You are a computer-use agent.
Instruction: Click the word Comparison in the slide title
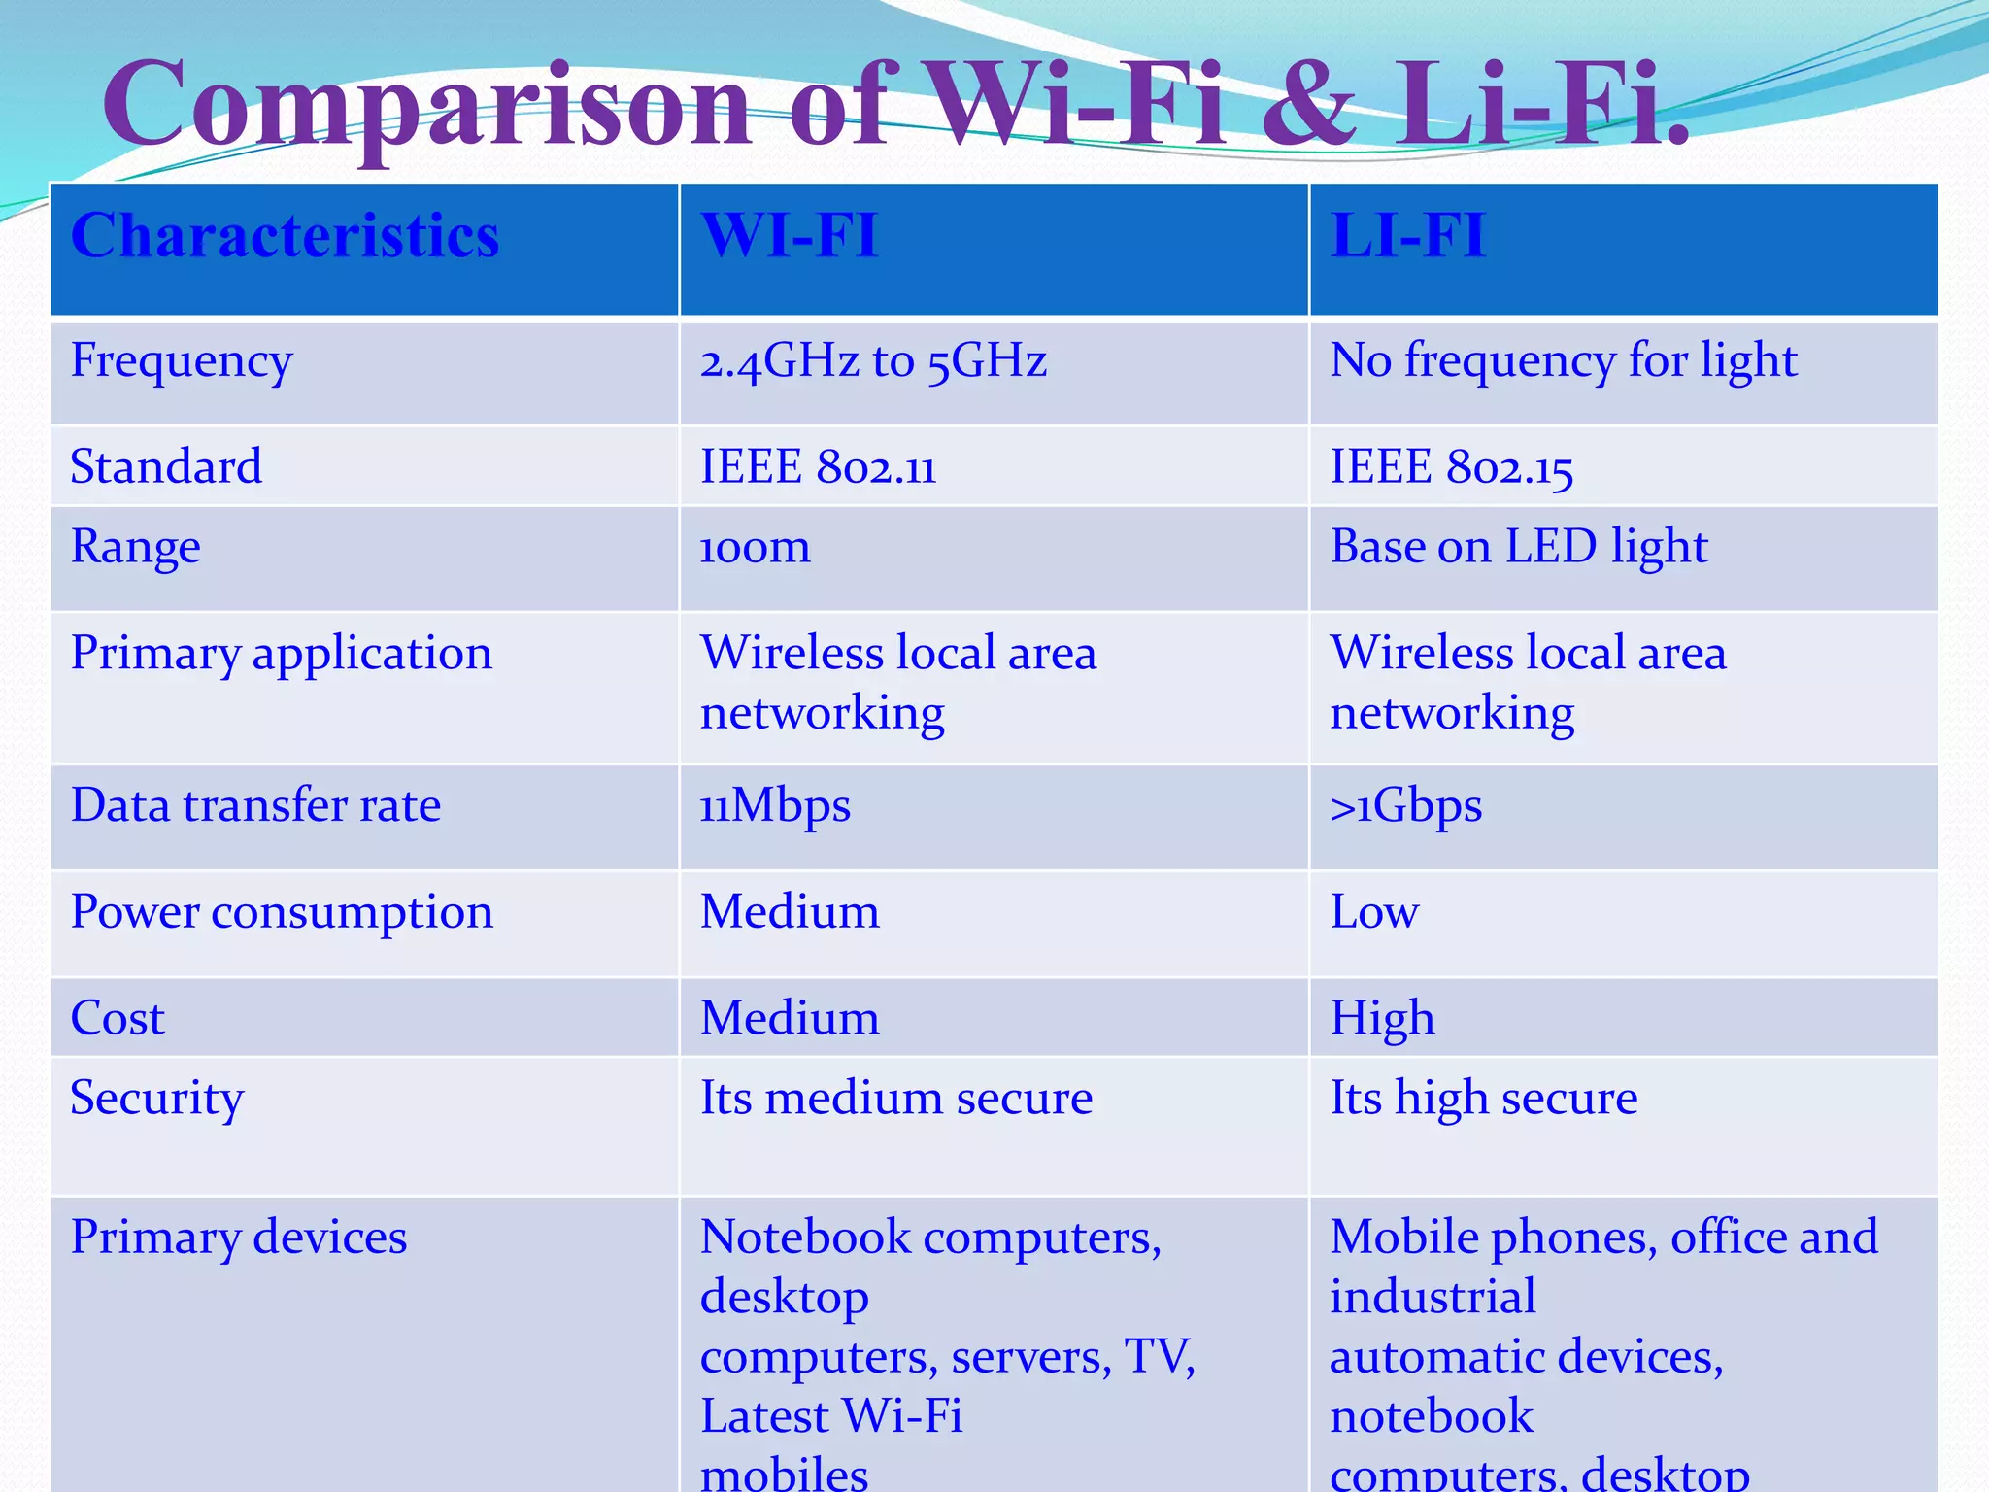click(427, 105)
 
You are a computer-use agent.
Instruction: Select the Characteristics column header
click(285, 236)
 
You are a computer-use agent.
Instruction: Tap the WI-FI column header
click(789, 236)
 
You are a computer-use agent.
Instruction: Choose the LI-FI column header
click(1407, 236)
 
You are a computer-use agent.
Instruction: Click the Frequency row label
click(181, 361)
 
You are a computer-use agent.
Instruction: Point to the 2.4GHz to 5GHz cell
click(873, 361)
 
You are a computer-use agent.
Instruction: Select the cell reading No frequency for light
click(1563, 361)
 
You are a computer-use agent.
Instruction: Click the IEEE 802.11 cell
click(818, 467)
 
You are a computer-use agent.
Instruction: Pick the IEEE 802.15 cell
click(1451, 467)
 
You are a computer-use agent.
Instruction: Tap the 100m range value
click(755, 548)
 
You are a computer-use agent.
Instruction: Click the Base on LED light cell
click(1518, 548)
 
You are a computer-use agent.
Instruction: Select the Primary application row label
click(281, 654)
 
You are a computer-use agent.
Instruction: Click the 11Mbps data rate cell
click(775, 806)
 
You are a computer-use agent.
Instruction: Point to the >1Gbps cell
click(1405, 806)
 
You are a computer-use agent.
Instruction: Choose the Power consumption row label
click(282, 913)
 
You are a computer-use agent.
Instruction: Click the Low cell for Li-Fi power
click(1374, 913)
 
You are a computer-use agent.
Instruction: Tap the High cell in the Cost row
click(1382, 1019)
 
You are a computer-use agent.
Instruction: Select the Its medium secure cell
click(895, 1099)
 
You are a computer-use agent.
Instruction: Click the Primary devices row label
click(238, 1238)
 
